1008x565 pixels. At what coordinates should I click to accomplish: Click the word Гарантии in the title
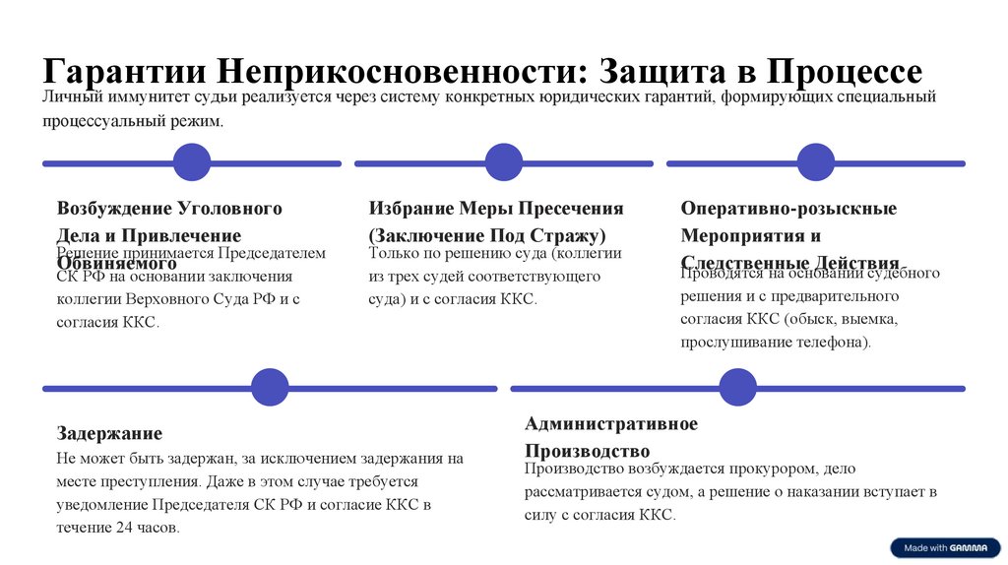pos(124,72)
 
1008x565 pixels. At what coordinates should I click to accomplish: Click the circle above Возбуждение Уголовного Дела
pos(192,163)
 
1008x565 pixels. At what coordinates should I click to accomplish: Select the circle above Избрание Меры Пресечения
pos(504,163)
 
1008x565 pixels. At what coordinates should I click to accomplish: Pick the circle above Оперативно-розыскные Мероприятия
pos(816,163)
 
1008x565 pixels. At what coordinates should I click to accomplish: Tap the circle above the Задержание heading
pos(270,388)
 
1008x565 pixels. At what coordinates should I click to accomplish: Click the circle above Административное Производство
pos(738,388)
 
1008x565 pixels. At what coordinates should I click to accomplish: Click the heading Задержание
pos(109,433)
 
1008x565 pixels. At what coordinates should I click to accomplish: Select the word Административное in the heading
pos(611,424)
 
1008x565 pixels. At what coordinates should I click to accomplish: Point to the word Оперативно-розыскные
pos(788,209)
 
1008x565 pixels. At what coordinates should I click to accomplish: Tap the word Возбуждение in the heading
pos(115,209)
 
